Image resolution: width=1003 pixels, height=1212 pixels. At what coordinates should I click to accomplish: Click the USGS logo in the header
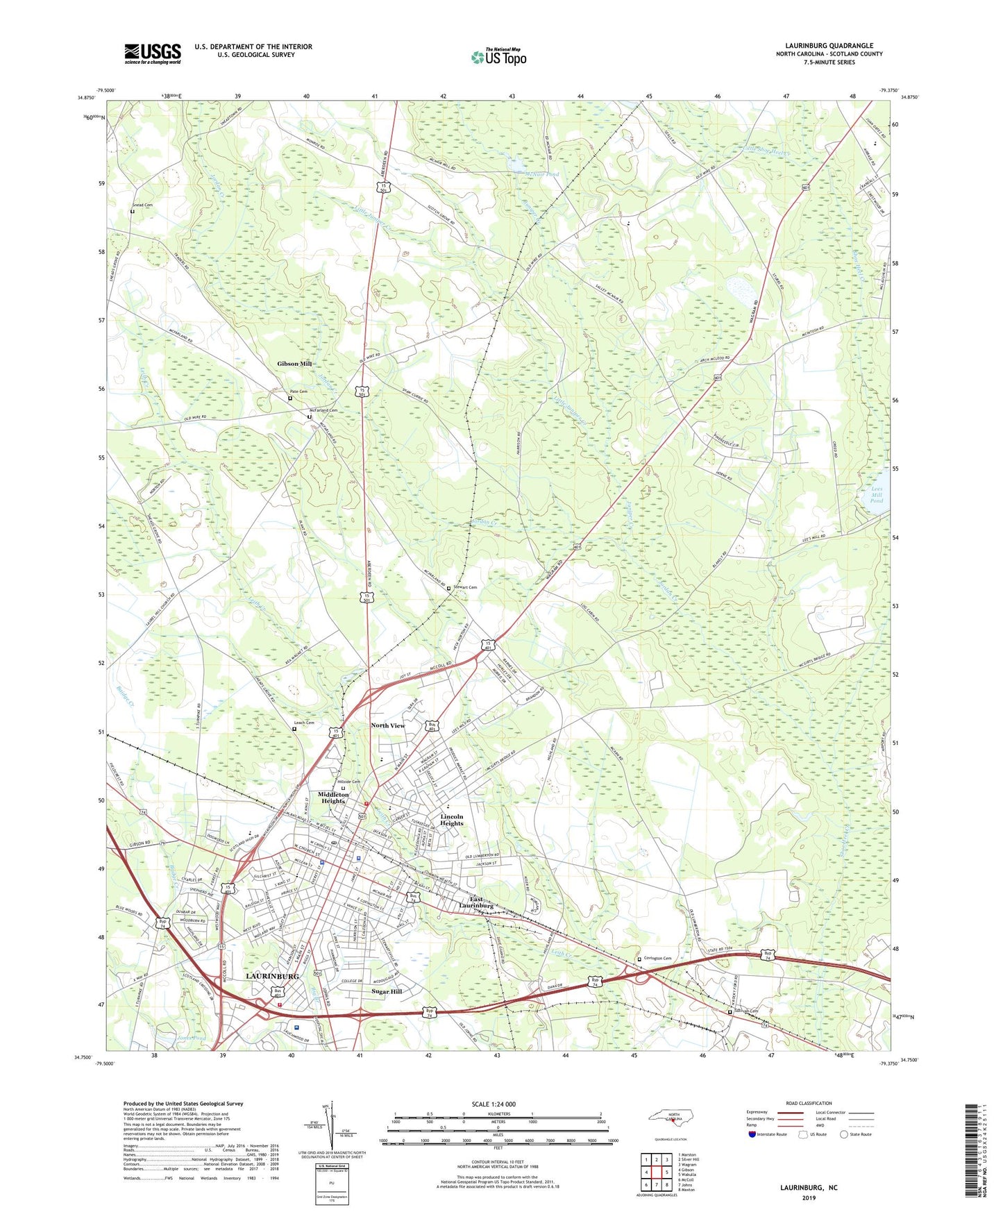point(153,53)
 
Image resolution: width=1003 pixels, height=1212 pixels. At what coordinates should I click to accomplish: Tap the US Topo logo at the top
point(498,57)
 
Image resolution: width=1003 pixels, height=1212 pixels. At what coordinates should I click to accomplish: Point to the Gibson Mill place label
point(294,364)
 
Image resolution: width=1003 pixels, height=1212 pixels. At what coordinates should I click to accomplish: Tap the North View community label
point(388,725)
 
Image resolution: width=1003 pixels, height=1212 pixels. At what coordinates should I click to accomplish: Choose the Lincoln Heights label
point(452,821)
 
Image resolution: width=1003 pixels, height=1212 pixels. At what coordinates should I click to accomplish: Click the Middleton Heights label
point(332,798)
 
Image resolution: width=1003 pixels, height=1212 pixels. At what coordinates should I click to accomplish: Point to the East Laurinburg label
point(478,903)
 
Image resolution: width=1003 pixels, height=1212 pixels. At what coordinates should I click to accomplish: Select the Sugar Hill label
point(387,991)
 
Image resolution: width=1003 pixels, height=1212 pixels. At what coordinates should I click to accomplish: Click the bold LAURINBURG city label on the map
point(272,976)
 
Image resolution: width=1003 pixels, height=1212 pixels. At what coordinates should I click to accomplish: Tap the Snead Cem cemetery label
point(142,205)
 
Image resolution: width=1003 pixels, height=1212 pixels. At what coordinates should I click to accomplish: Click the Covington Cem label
point(657,959)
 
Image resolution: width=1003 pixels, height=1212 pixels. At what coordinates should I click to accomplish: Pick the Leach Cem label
point(304,723)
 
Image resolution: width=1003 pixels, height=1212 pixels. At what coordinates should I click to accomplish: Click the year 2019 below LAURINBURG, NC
point(809,1197)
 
